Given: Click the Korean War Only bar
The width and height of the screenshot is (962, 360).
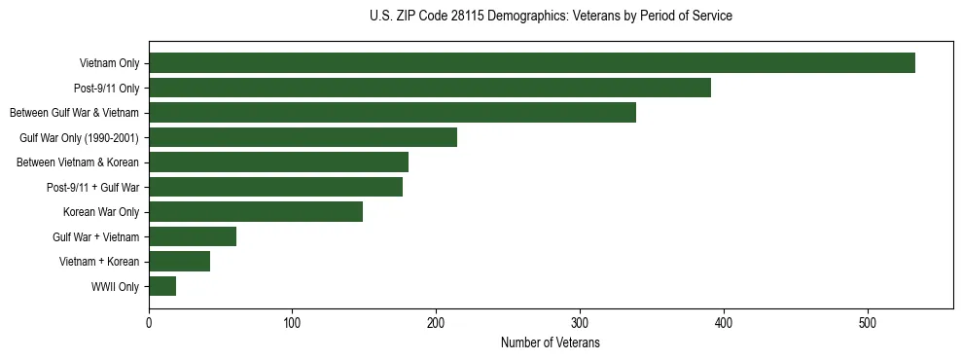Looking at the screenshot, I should pyautogui.click(x=256, y=212).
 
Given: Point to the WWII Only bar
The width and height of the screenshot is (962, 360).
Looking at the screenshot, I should pyautogui.click(x=162, y=286).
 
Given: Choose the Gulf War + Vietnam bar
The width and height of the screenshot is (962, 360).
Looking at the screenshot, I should pyautogui.click(x=193, y=236).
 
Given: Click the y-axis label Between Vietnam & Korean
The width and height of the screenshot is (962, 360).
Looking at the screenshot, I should pyautogui.click(x=78, y=162).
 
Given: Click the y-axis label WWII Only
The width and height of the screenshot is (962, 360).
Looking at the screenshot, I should pyautogui.click(x=115, y=287).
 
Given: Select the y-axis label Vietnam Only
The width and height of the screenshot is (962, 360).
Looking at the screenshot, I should pyautogui.click(x=109, y=63).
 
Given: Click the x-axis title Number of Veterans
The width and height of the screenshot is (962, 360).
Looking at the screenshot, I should pyautogui.click(x=551, y=343).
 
